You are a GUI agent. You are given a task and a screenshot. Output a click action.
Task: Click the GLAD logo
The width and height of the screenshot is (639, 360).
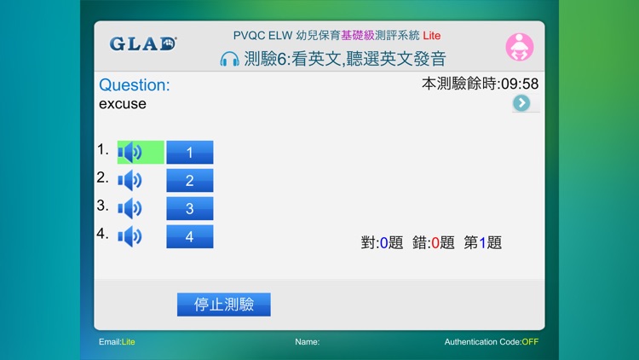click(142, 44)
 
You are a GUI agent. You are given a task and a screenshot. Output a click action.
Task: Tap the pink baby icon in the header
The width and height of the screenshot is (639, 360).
click(519, 47)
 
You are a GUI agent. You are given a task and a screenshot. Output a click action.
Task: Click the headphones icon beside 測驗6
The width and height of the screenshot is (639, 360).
click(229, 60)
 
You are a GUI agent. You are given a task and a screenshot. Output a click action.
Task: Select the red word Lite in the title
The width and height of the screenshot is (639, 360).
click(432, 36)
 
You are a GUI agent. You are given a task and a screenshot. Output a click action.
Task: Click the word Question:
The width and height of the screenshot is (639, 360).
click(135, 84)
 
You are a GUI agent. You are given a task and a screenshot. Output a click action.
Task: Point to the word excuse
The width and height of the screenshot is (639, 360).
click(123, 104)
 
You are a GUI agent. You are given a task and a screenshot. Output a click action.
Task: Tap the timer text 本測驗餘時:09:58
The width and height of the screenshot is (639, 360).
click(480, 84)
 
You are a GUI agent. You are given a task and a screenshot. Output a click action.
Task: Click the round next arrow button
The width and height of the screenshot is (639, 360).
click(521, 103)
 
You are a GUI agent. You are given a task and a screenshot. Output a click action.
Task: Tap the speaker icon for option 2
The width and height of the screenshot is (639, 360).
click(130, 181)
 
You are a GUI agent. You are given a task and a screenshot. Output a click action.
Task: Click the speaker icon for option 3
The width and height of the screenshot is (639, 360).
click(130, 209)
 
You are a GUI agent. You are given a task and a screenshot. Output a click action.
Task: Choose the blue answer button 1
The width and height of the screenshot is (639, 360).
click(189, 153)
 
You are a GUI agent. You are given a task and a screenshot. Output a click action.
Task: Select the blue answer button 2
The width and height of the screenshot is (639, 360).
click(189, 181)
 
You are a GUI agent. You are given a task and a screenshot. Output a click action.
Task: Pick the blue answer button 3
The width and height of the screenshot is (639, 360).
click(189, 209)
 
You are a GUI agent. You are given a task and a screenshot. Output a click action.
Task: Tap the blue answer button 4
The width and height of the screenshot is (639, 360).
click(189, 237)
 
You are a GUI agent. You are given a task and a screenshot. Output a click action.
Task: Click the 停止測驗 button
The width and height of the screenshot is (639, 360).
click(223, 305)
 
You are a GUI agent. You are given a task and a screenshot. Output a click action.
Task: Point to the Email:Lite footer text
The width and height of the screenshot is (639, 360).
click(117, 342)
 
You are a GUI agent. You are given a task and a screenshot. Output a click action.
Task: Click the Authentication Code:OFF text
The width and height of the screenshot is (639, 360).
click(491, 342)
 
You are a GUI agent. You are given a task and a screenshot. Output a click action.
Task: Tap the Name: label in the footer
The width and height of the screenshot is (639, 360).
click(307, 342)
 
